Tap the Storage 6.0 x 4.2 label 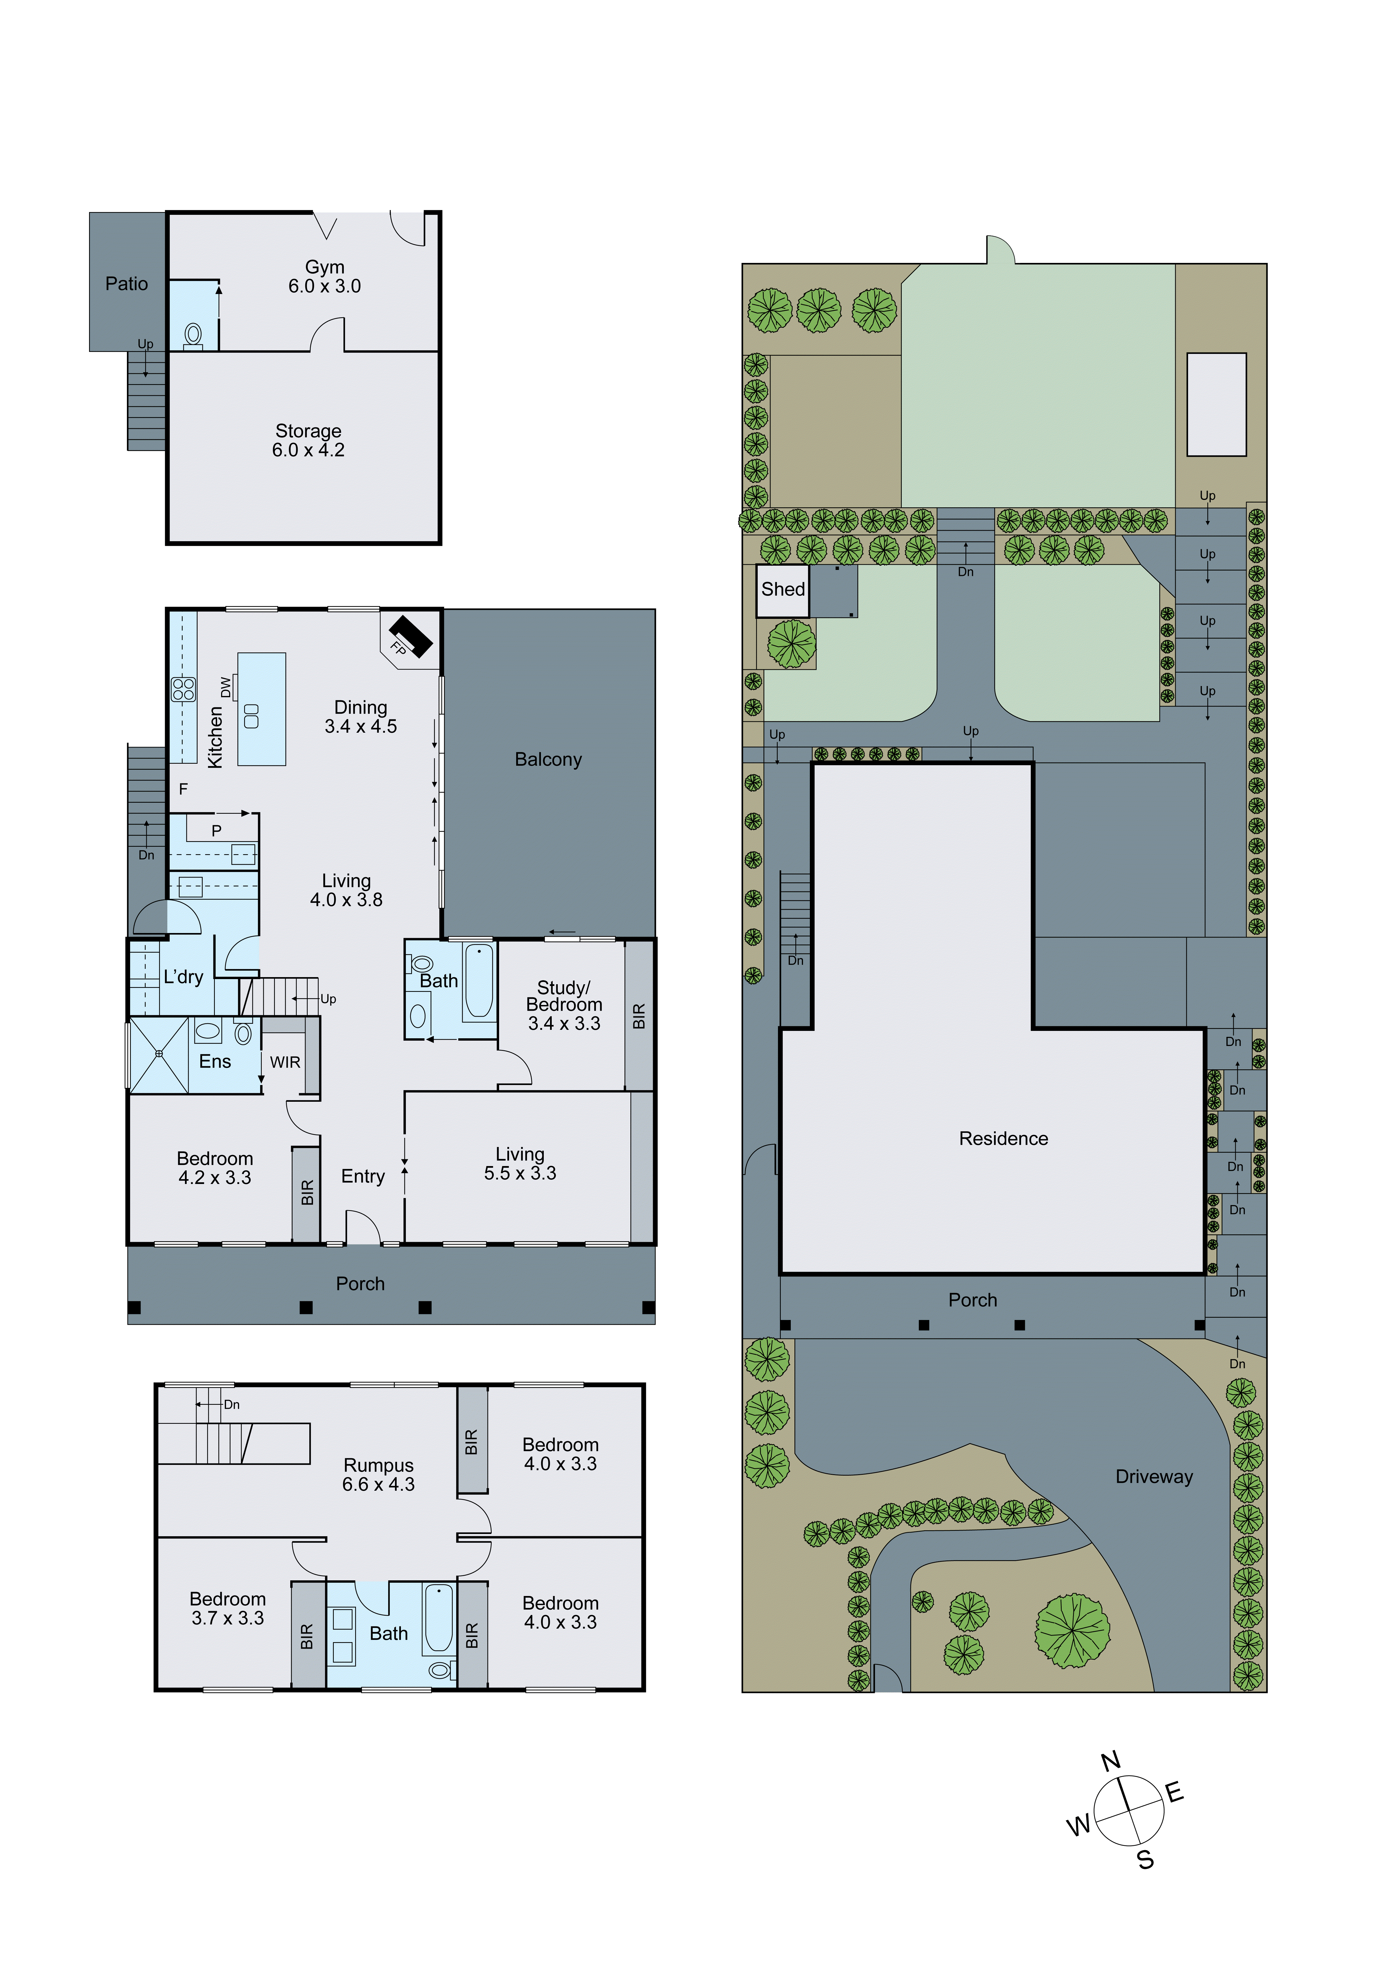point(308,440)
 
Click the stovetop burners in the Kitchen point(183,689)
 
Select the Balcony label point(548,759)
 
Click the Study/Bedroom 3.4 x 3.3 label point(564,1005)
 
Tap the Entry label point(363,1176)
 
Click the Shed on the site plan point(783,590)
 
